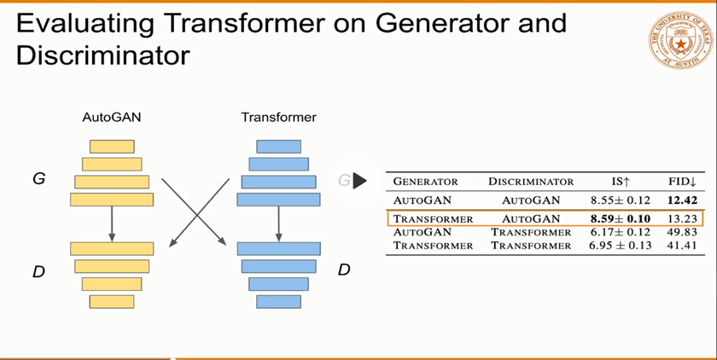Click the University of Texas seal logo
pos(681,39)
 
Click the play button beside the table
pos(358,181)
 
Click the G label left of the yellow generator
pos(38,180)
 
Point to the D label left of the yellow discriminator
pos(38,272)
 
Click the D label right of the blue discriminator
pos(344,270)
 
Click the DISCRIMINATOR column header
pos(530,182)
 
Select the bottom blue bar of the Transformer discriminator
pos(278,301)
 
